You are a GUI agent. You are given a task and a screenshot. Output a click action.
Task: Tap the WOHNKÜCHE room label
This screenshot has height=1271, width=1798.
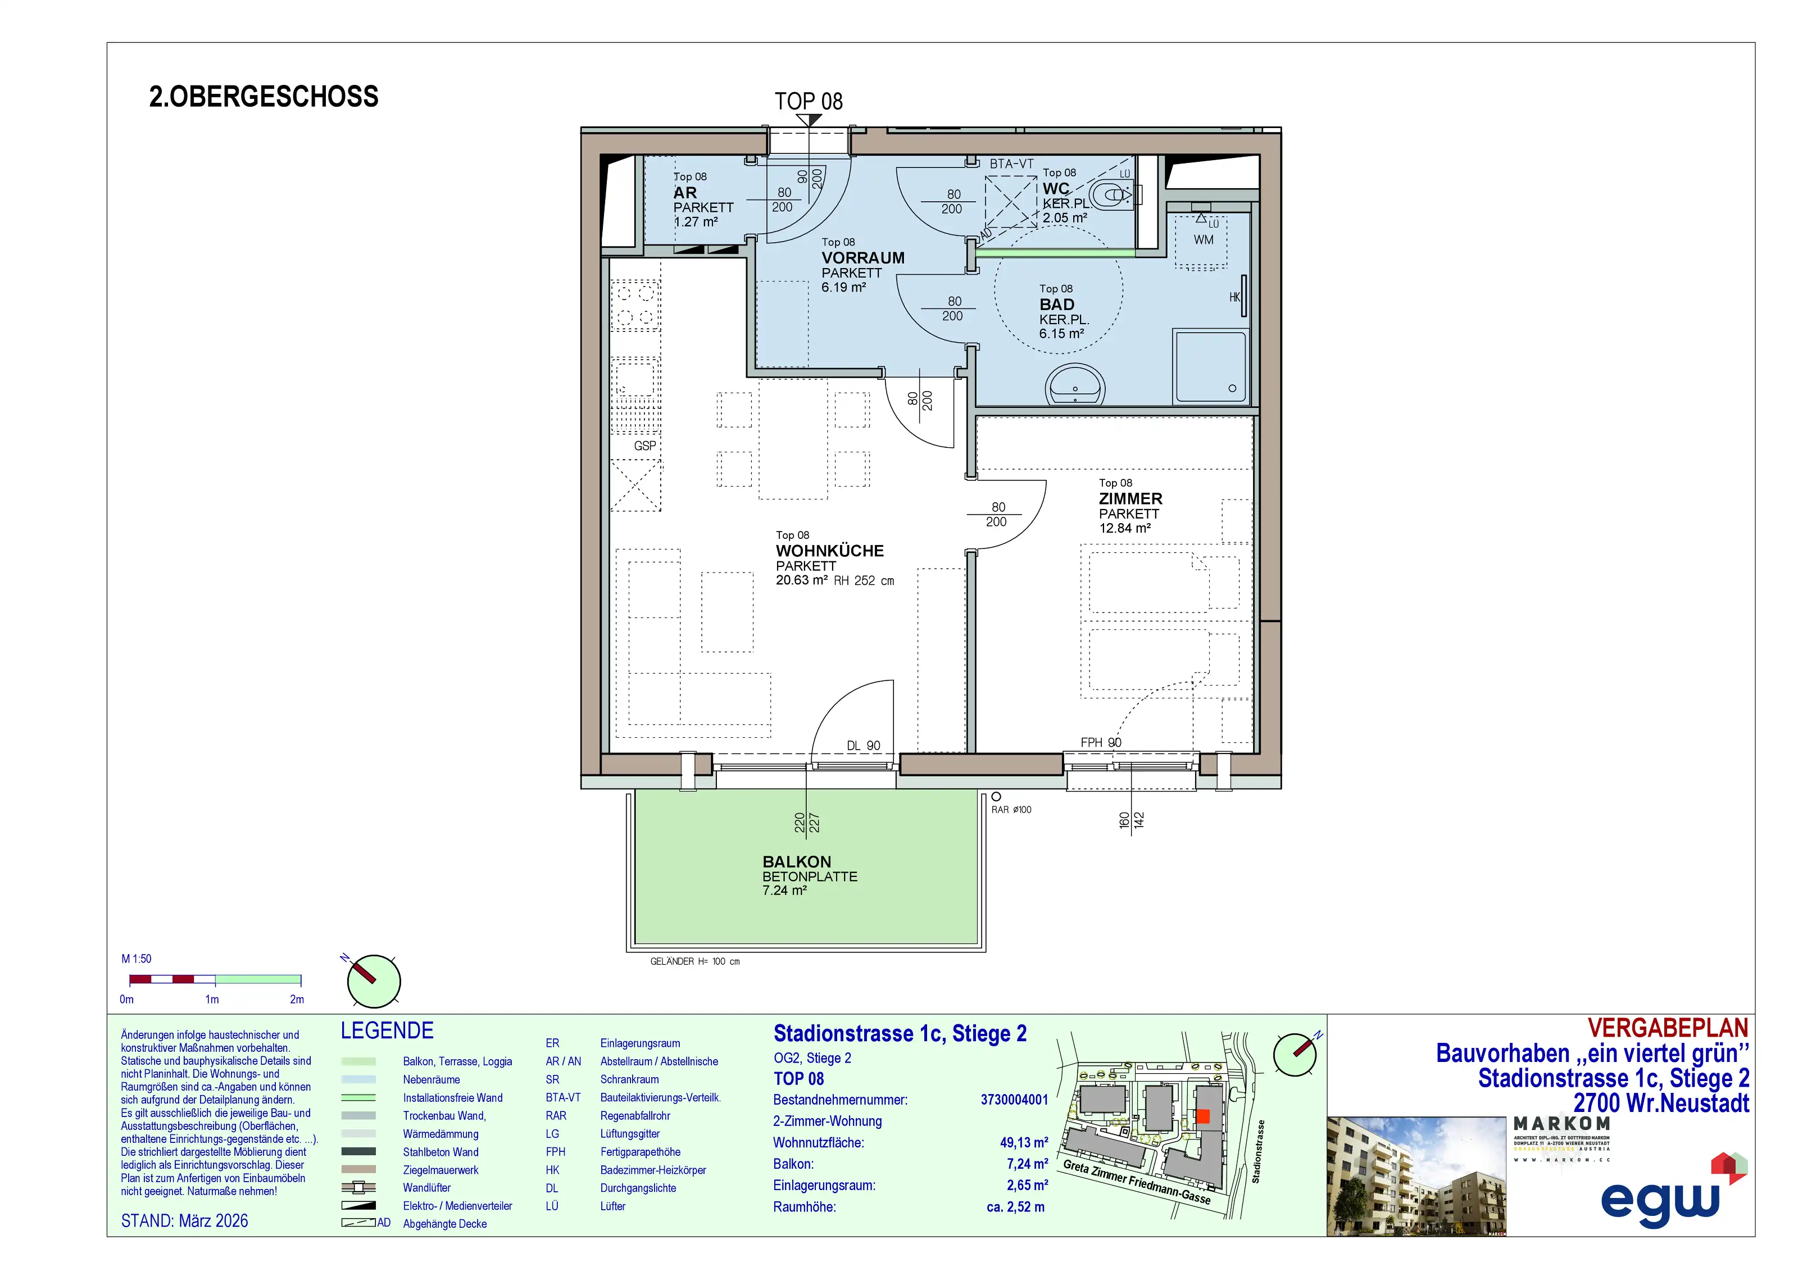(x=829, y=551)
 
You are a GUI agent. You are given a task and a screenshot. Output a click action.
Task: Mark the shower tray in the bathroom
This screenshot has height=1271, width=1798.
(x=1209, y=366)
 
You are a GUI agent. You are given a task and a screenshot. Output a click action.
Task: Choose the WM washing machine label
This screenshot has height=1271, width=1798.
(x=1203, y=239)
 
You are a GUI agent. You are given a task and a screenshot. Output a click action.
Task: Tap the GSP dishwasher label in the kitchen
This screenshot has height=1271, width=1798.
(x=644, y=446)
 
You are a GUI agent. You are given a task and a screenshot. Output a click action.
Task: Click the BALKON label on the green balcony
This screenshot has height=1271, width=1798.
(x=796, y=861)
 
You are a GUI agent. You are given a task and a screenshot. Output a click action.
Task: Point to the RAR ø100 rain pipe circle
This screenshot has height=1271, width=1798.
(x=996, y=796)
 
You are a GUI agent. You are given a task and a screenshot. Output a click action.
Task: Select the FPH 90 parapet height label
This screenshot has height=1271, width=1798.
(x=1100, y=742)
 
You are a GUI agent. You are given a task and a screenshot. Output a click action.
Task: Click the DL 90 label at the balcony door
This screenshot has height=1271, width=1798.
(x=863, y=746)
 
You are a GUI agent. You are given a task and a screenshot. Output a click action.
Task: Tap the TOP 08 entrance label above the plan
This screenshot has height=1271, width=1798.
(x=808, y=101)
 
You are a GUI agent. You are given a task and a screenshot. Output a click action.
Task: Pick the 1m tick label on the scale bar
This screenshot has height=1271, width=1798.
(x=211, y=999)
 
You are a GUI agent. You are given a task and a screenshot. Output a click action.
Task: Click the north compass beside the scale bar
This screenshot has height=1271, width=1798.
(x=374, y=981)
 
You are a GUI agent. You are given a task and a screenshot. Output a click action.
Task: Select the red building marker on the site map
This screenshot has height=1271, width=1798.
(x=1203, y=1116)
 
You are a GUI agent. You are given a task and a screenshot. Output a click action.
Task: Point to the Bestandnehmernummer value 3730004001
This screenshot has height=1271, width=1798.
(x=1014, y=1100)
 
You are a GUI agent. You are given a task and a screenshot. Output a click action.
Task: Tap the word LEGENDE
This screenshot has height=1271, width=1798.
(x=387, y=1031)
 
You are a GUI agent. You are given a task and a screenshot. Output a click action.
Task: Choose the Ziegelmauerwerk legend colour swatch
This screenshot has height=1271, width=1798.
(x=358, y=1169)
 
